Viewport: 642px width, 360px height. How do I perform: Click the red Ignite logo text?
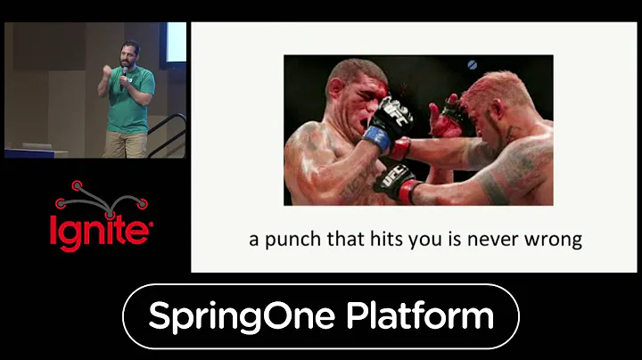[100, 229]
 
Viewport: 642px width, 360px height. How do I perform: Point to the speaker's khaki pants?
[125, 144]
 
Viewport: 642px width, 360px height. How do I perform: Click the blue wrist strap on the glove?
[376, 138]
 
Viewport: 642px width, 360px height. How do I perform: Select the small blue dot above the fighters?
[472, 65]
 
